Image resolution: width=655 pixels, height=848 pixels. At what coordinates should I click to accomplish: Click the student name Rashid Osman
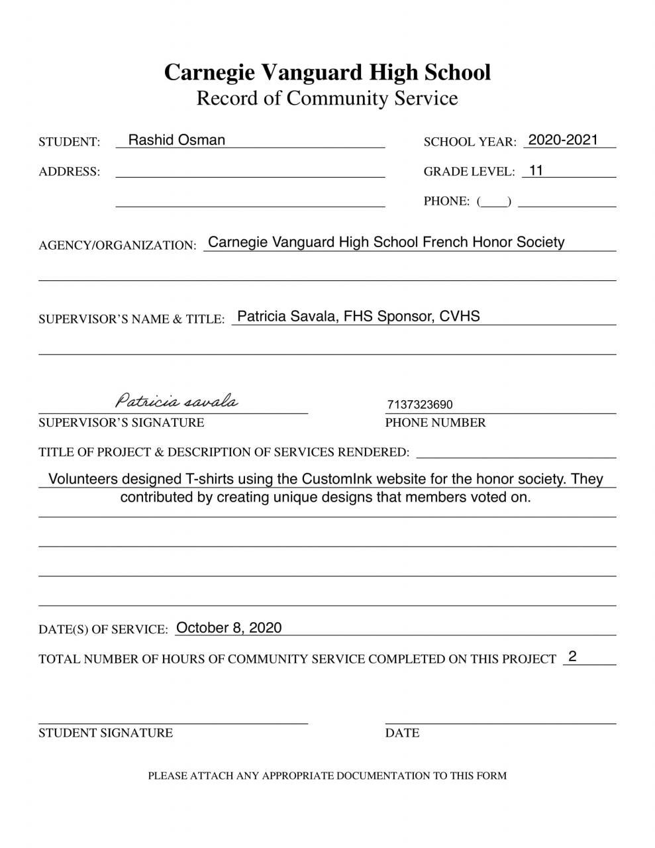176,140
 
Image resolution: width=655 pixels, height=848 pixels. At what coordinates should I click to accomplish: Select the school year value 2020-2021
563,140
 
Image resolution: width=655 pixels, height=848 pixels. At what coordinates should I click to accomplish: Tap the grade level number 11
536,170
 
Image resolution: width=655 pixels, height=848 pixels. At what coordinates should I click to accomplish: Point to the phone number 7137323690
420,405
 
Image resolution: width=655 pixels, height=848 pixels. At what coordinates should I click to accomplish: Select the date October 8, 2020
229,627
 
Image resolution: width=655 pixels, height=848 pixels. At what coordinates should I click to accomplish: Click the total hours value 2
572,657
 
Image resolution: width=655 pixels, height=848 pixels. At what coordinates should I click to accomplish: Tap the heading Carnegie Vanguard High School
327,72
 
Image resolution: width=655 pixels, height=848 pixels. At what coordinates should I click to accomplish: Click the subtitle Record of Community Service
327,98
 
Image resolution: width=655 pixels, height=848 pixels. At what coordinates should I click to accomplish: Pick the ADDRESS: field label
70,172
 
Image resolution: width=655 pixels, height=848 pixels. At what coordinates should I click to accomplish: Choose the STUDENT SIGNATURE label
105,733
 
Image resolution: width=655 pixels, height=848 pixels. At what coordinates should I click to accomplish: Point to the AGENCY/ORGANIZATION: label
117,245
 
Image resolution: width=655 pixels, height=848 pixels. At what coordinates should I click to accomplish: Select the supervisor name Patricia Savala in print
286,316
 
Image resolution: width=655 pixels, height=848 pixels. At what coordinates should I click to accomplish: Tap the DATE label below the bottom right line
402,733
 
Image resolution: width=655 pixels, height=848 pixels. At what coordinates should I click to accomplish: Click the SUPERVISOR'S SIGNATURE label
121,423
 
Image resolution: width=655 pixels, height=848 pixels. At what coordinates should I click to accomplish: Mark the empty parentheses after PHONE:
494,201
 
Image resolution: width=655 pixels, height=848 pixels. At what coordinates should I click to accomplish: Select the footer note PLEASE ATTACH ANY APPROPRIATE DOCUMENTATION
327,775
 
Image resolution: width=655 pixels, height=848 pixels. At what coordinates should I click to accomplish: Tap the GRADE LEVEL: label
469,172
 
